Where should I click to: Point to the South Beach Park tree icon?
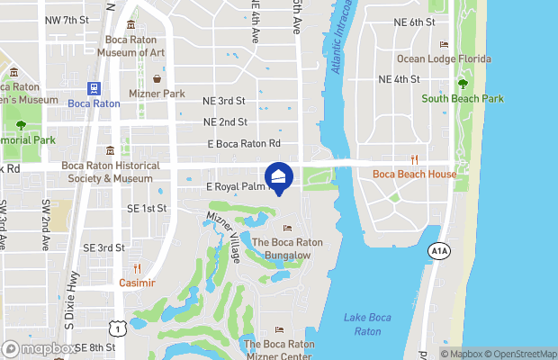(463, 84)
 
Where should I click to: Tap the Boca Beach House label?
(414, 174)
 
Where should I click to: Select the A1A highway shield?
(438, 250)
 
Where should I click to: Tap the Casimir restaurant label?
(138, 283)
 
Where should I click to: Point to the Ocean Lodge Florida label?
(445, 59)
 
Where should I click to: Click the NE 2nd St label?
(225, 122)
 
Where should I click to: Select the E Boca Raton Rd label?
(244, 144)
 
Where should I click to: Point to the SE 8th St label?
(96, 347)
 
